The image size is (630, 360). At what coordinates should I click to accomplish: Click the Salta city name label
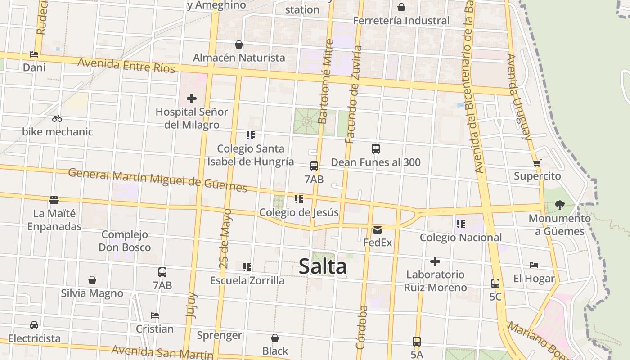(323, 266)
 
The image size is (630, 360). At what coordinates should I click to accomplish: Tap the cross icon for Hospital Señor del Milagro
(192, 98)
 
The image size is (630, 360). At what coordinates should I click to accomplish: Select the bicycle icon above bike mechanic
(57, 119)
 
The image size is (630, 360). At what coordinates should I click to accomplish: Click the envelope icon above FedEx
(378, 230)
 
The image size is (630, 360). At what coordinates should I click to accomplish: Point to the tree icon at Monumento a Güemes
(559, 205)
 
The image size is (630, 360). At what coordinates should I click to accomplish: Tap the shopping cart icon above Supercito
(537, 163)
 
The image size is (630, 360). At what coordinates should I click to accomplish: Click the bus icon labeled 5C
(495, 283)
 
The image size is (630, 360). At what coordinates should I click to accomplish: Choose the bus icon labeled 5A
(417, 342)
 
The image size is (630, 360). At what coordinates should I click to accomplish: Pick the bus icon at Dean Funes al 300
(376, 149)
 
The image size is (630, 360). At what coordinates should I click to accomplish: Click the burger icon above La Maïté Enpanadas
(54, 200)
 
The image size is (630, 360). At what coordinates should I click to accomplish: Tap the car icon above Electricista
(34, 325)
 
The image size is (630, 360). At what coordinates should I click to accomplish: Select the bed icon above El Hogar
(534, 265)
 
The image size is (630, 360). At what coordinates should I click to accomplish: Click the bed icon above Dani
(34, 54)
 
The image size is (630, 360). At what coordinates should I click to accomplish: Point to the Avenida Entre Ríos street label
(126, 65)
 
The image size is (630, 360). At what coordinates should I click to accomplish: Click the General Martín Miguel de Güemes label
(157, 180)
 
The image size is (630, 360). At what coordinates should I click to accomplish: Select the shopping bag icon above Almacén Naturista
(239, 45)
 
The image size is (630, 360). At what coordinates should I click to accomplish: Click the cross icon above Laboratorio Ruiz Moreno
(435, 261)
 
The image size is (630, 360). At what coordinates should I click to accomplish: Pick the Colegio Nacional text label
(460, 237)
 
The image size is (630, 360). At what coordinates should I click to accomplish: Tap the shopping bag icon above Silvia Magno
(92, 280)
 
